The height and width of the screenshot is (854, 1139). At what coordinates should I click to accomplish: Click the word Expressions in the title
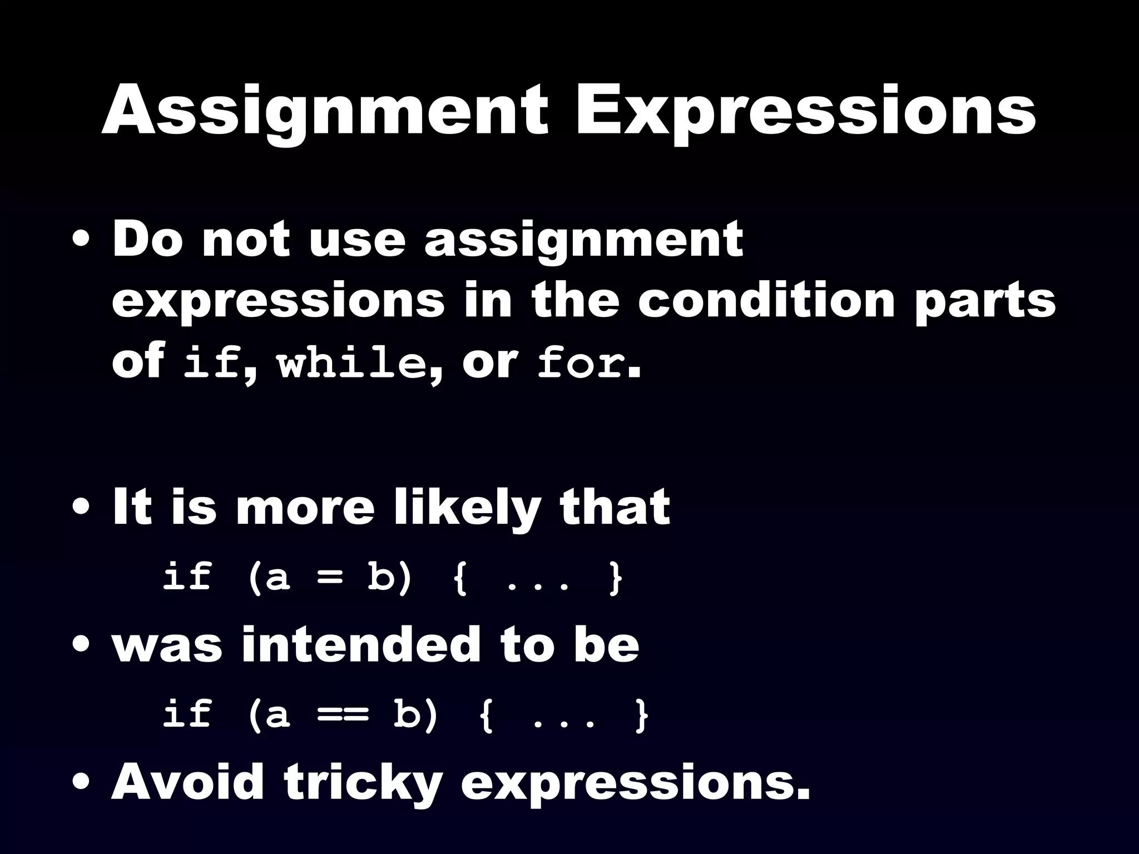click(x=805, y=111)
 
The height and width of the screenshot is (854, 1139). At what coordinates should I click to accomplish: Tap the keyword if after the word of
click(x=211, y=364)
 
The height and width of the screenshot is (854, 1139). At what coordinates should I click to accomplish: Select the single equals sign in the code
click(x=329, y=578)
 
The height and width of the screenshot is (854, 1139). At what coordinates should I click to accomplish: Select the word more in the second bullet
click(x=305, y=509)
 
